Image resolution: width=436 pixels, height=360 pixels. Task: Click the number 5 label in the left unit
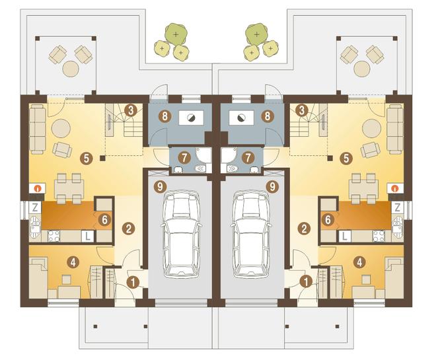point(86,159)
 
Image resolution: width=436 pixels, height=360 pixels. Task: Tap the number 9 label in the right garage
point(272,186)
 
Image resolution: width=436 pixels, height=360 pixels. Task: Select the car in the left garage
point(181,234)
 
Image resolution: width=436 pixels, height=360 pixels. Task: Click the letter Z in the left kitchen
point(35,207)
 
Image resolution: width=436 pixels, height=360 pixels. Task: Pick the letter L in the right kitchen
point(345,236)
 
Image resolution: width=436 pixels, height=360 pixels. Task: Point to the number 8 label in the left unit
point(165,116)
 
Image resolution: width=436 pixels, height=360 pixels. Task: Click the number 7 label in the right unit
point(248,158)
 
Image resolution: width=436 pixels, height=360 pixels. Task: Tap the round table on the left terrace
point(71,69)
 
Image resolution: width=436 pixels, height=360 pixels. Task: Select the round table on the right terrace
point(362,69)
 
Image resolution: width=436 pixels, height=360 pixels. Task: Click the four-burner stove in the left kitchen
point(54,236)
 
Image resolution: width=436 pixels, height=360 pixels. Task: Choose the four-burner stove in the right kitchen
point(379,236)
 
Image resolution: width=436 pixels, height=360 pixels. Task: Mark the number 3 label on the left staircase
point(131,110)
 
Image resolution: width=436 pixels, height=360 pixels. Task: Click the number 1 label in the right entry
point(306,282)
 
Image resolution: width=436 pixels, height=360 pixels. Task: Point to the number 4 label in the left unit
point(73,262)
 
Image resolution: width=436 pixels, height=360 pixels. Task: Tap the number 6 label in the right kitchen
point(328,220)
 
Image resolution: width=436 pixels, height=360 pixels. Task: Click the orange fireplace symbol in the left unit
point(37,188)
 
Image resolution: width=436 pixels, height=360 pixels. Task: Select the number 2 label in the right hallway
point(304,229)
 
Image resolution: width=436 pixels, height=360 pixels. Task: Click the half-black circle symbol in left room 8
point(192,118)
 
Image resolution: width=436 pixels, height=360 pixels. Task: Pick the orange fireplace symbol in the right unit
point(394,189)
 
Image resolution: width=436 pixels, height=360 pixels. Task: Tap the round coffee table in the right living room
point(371,128)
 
